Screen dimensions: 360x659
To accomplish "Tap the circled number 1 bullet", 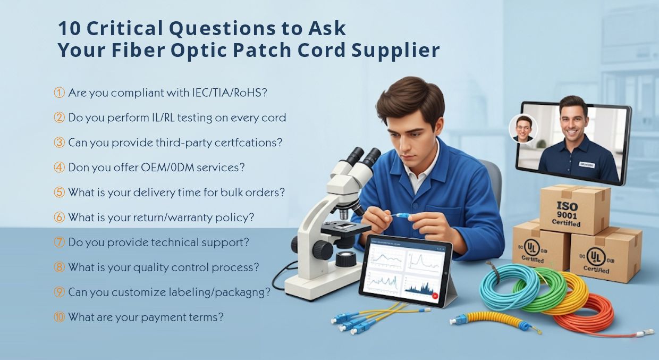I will (59, 93).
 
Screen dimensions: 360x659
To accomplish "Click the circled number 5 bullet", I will (59, 192).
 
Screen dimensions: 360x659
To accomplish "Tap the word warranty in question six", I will (208, 217).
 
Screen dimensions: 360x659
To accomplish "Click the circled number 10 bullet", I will (59, 317).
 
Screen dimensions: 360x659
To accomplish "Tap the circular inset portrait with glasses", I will (523, 129).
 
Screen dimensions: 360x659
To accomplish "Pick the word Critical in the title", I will (122, 28).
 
